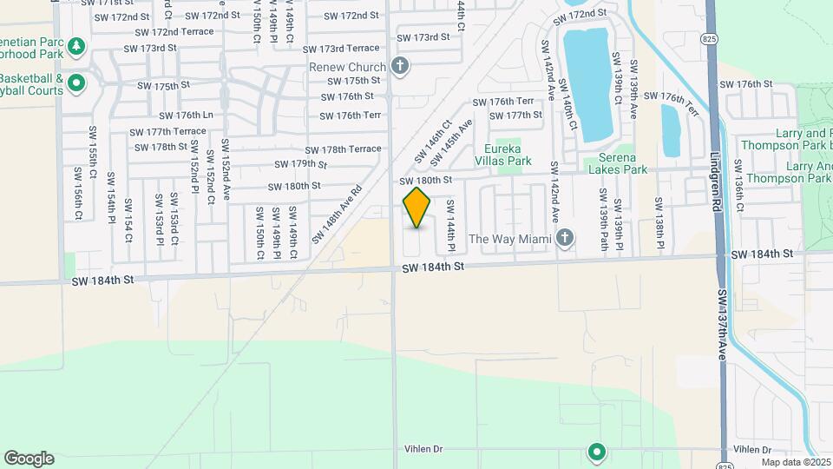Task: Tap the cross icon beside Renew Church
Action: click(x=400, y=66)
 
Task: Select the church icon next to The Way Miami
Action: click(x=566, y=238)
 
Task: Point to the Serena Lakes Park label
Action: click(x=618, y=164)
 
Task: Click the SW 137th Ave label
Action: click(x=722, y=325)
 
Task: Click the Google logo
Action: click(x=29, y=459)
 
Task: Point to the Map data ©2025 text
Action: click(x=796, y=461)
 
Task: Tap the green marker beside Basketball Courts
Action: click(x=75, y=84)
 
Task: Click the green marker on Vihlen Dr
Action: click(x=596, y=451)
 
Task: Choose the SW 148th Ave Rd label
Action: click(x=338, y=213)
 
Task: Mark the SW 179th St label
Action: click(x=301, y=164)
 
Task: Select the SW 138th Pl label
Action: click(x=659, y=222)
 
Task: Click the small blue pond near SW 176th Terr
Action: click(x=672, y=130)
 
